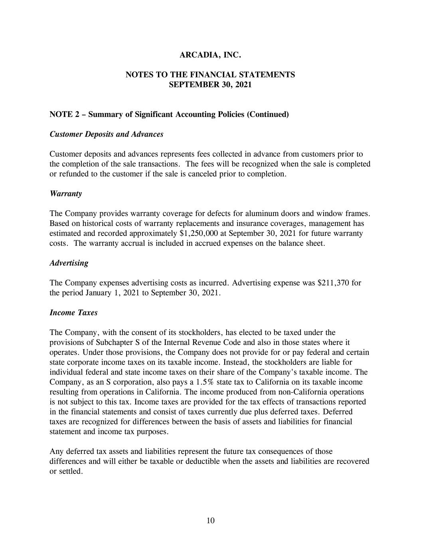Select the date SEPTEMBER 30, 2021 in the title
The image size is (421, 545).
point(210,85)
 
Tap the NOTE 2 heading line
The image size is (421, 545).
point(169,115)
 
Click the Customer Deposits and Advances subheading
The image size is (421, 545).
point(106,134)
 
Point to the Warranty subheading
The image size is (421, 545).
point(65,194)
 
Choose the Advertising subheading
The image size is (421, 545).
point(69,263)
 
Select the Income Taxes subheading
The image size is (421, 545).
point(73,313)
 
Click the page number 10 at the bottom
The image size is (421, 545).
point(211,520)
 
